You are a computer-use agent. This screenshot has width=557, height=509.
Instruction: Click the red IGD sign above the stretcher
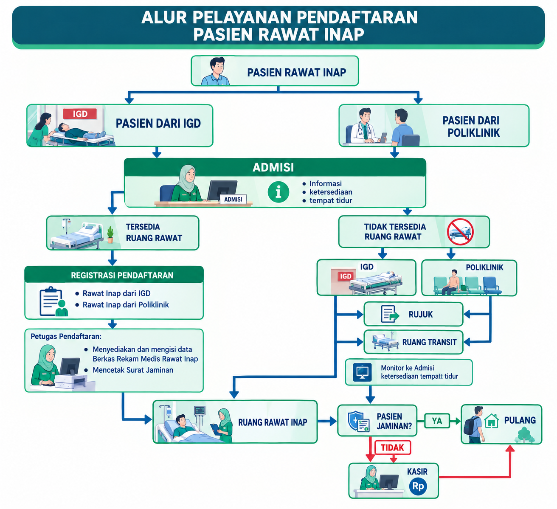80,114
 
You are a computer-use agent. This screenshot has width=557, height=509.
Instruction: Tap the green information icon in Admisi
278,192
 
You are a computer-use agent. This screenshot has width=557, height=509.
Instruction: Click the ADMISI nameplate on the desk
233,200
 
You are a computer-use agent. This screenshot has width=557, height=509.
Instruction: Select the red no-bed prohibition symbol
460,232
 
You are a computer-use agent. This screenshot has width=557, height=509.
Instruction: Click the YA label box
437,421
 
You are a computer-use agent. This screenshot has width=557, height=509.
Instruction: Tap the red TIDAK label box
392,447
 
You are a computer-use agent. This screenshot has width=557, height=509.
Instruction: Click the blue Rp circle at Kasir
418,486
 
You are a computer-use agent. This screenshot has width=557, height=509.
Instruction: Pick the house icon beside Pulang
492,421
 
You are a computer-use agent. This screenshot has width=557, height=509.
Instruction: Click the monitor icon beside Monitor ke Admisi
363,372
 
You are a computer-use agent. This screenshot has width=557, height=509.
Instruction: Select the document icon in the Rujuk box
390,314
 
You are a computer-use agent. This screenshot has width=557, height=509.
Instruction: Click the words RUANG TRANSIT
429,342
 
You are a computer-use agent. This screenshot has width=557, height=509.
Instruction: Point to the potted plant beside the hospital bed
110,235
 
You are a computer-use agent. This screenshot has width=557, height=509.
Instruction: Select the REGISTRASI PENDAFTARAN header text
122,275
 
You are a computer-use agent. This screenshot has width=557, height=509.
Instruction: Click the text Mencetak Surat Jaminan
133,370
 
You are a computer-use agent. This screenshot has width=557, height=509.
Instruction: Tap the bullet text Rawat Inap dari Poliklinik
126,305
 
